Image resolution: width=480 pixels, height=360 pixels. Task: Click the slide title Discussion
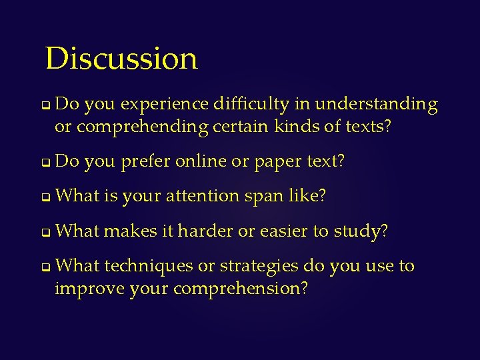(x=121, y=58)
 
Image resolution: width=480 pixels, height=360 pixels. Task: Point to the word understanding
(x=376, y=105)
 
